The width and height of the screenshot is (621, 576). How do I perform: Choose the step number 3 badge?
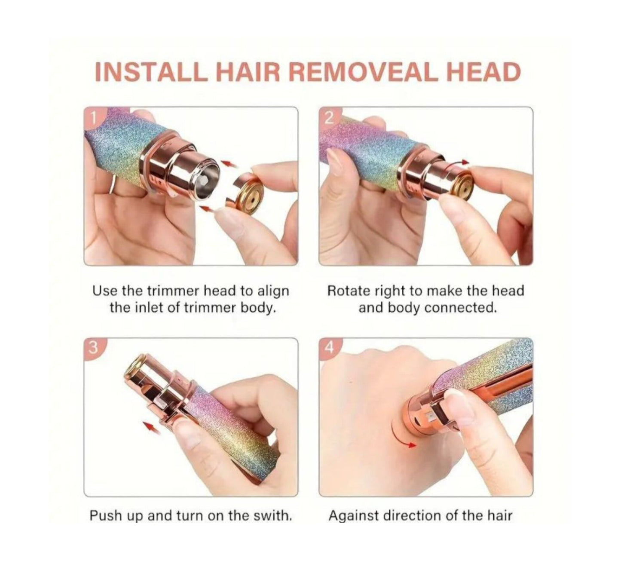coord(91,346)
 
